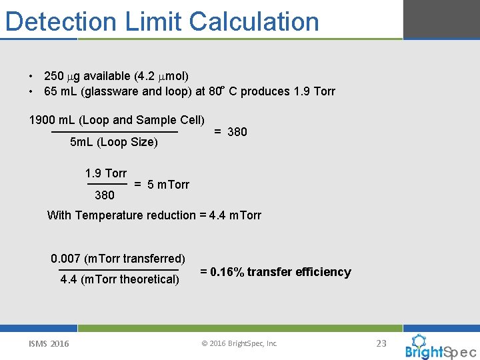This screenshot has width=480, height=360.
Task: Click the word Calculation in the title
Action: point(254,21)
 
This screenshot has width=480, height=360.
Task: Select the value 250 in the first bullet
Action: point(53,76)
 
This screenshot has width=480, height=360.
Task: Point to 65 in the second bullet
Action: point(50,91)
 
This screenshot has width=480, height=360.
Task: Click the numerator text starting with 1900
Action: point(116,120)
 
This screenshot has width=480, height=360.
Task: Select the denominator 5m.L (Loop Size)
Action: point(113,142)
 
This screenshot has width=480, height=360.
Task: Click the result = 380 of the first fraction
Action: point(230,132)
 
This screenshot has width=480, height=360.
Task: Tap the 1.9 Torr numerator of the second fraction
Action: point(105,173)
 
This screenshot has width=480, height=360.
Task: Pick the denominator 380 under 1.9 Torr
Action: point(105,195)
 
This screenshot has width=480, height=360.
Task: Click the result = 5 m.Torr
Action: point(161,184)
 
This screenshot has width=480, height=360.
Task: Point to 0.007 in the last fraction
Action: point(65,259)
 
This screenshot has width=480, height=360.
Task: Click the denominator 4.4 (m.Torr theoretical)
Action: point(119,279)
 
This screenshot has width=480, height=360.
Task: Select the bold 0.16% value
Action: point(227,272)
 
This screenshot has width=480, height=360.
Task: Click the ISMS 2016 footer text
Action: point(49,343)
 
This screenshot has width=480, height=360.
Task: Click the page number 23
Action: point(381,343)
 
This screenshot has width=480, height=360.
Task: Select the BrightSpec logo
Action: point(440,347)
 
